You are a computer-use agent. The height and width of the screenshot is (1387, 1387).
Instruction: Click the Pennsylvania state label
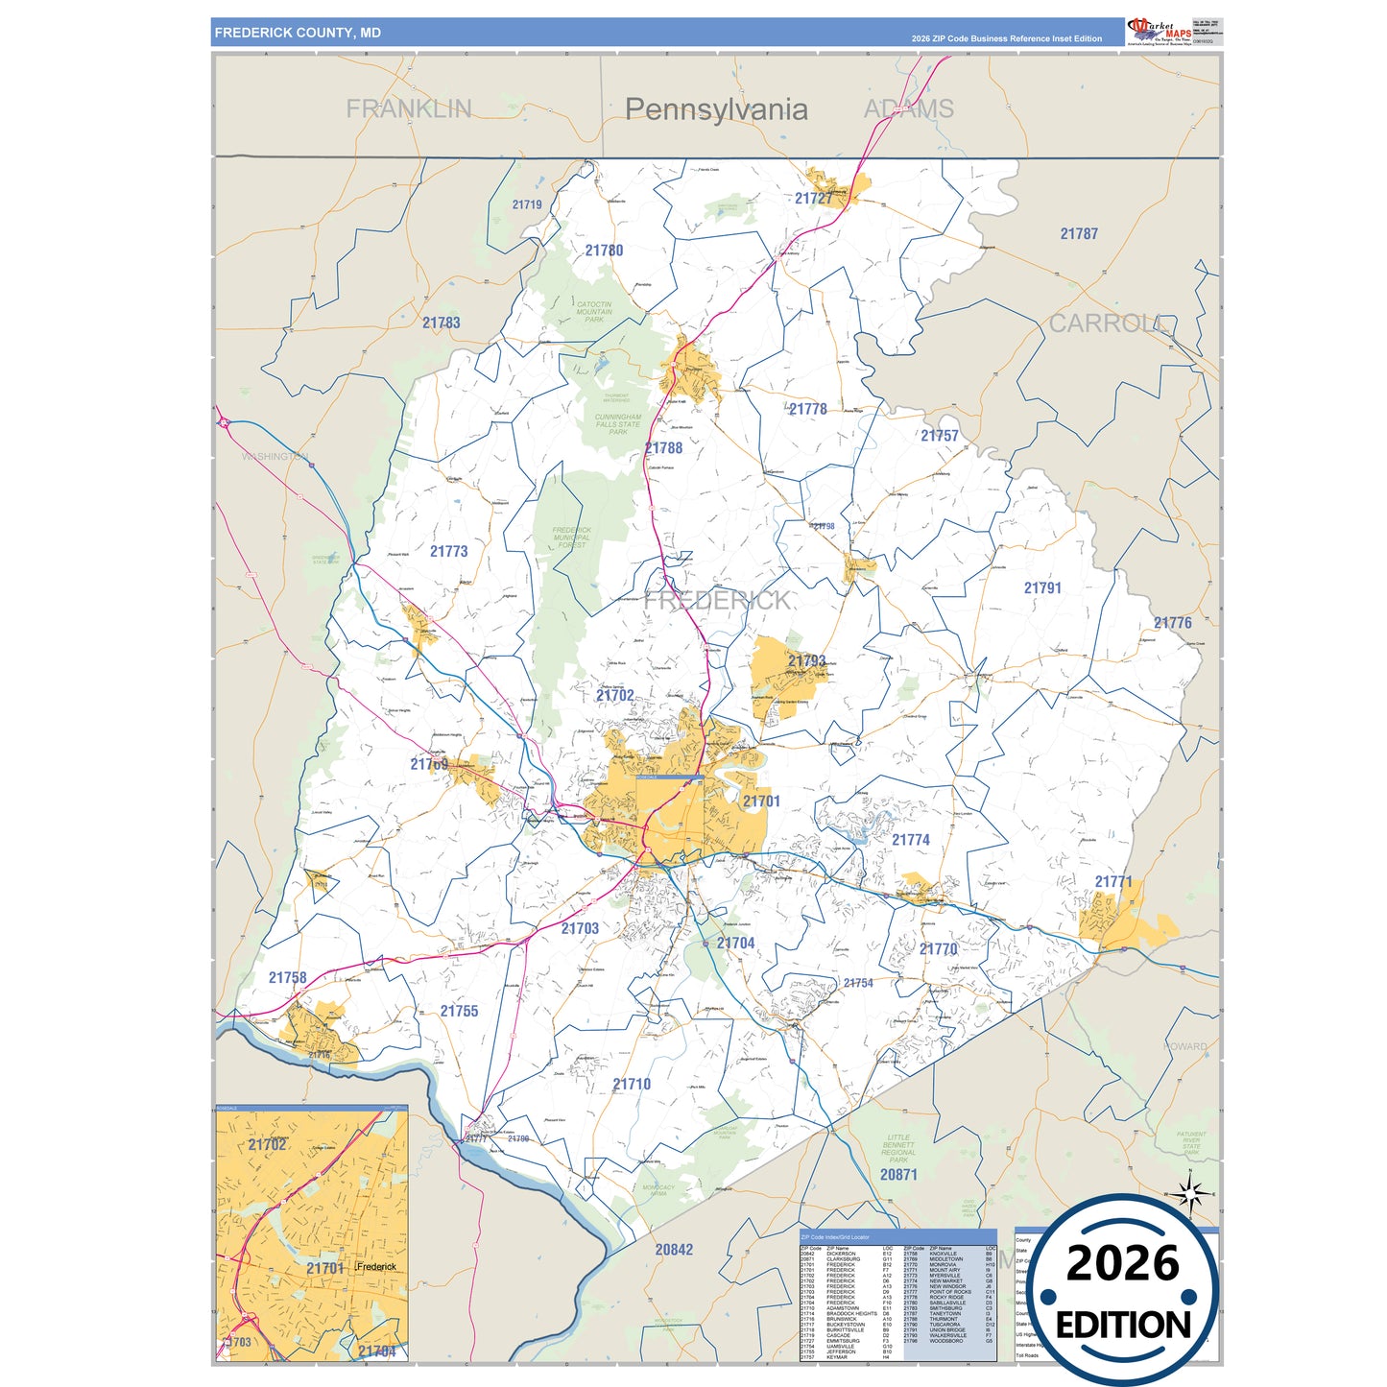tap(716, 109)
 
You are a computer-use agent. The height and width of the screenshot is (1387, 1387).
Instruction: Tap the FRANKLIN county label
tap(409, 108)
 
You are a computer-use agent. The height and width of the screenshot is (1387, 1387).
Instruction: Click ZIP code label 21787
tap(1079, 234)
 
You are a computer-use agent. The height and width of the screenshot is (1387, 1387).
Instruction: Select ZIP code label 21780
tap(604, 251)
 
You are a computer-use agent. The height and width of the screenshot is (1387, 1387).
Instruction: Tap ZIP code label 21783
tap(442, 323)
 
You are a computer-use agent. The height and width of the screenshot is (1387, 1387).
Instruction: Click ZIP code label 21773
tap(449, 552)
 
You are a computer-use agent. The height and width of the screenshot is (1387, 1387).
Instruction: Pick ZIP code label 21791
tap(1042, 588)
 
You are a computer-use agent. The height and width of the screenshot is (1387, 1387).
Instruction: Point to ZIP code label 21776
tap(1172, 623)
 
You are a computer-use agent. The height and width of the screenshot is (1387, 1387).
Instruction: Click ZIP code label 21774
tap(911, 840)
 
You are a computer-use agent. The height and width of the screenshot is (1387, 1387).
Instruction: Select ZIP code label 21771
tap(1113, 881)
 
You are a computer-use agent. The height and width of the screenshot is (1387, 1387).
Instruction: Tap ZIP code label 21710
tap(632, 1085)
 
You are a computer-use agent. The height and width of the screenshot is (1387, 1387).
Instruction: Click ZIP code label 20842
tap(674, 1250)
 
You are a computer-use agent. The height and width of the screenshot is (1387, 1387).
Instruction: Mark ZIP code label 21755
tap(459, 1012)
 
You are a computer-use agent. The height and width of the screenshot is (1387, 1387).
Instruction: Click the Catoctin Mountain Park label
tap(594, 312)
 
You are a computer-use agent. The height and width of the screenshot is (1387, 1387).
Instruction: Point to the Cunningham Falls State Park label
tap(618, 424)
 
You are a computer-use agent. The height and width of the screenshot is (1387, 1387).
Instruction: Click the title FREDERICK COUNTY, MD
tap(298, 33)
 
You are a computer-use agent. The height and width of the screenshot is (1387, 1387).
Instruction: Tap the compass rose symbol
tap(1190, 1195)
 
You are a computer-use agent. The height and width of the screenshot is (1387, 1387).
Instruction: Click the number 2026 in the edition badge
tap(1123, 1263)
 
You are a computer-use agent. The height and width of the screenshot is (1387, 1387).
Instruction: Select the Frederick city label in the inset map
tap(377, 1267)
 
